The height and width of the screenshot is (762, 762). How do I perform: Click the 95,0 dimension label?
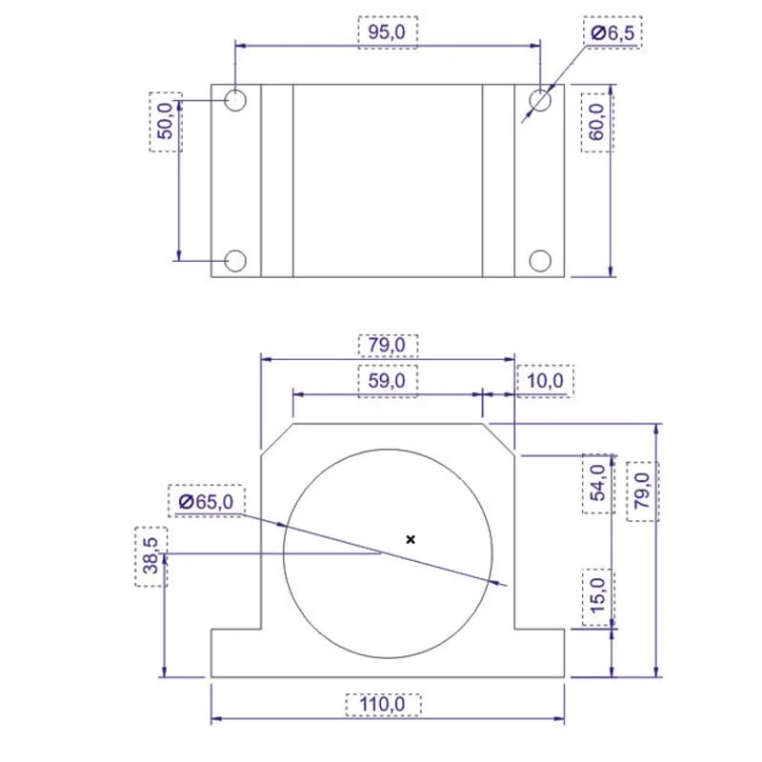click(x=387, y=32)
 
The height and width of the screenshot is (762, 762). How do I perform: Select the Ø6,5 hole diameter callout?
click(x=612, y=33)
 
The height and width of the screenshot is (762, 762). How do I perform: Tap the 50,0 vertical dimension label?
click(x=166, y=122)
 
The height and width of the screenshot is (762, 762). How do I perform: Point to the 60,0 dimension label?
click(x=597, y=122)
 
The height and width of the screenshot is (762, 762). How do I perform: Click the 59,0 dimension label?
click(x=387, y=380)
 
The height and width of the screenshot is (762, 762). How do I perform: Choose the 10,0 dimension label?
click(x=545, y=380)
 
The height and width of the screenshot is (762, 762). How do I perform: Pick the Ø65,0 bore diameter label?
click(x=206, y=501)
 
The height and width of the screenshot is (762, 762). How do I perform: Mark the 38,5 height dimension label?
click(x=151, y=556)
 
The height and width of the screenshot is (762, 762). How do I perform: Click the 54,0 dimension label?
click(x=598, y=483)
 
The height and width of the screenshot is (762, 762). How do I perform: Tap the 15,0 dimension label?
click(x=598, y=596)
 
